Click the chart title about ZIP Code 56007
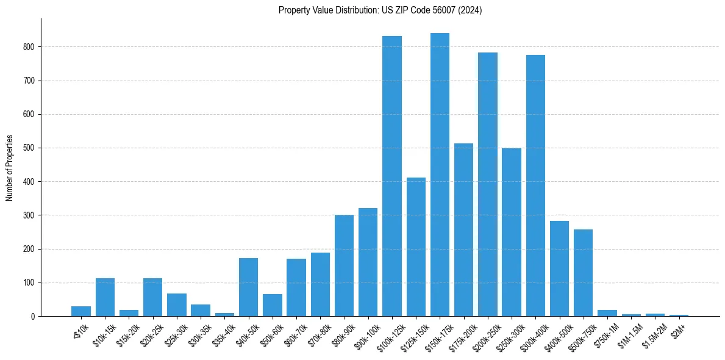380,10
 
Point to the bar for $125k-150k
416,247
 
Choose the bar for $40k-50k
248,287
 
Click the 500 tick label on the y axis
31,148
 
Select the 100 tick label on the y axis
31,283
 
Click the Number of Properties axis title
9,168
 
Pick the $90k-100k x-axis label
365,333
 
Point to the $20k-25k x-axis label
152,333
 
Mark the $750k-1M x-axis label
604,333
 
